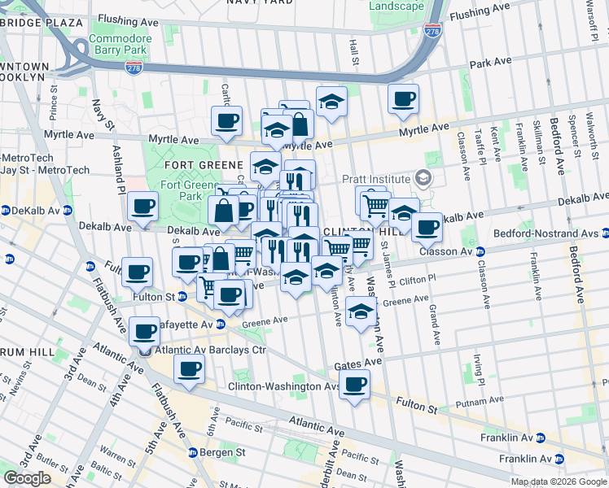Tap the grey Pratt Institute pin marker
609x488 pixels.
[422, 177]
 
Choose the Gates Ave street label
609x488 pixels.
[357, 360]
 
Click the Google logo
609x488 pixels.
[27, 478]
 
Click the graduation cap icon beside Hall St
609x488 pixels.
[331, 102]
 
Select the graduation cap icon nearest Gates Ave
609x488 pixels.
[361, 312]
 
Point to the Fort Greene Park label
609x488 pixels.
[182, 190]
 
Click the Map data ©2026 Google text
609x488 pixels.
[558, 481]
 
